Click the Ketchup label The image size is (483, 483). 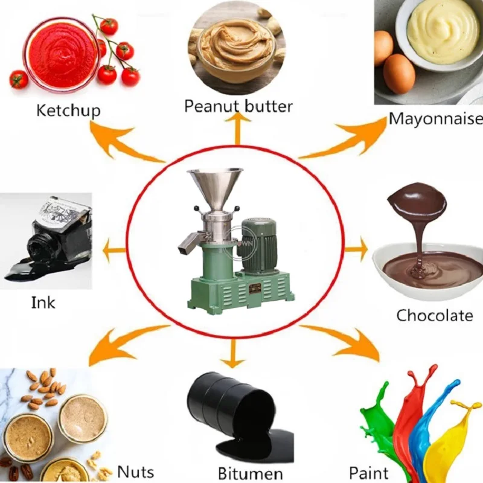[68, 111]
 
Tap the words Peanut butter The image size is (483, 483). [238, 107]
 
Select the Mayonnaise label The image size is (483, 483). [435, 119]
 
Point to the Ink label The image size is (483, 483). [43, 303]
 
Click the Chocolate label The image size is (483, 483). [434, 315]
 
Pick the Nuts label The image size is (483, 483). [135, 472]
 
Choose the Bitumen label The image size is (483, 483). [250, 473]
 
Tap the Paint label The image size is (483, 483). [369, 473]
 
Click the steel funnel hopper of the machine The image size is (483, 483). [215, 188]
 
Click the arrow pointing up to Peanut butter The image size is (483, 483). [237, 129]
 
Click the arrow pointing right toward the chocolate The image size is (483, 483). [356, 249]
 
